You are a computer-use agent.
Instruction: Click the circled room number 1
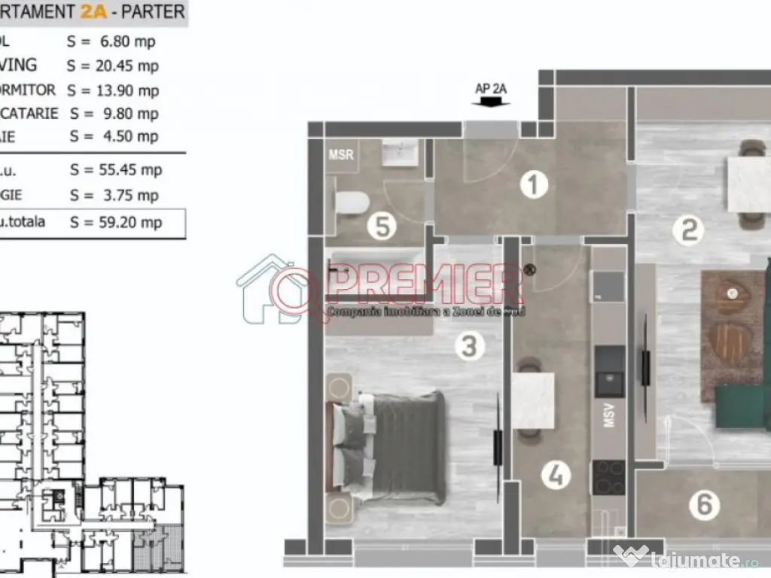tap(534, 184)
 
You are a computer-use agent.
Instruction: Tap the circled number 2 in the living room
tap(688, 230)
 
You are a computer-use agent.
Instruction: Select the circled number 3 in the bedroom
tap(469, 347)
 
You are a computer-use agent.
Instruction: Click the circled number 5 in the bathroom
tap(383, 227)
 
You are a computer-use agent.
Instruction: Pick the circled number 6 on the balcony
tap(705, 504)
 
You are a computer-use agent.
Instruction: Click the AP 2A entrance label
tap(491, 88)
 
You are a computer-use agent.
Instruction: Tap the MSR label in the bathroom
tap(341, 155)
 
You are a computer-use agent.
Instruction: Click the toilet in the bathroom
tap(352, 202)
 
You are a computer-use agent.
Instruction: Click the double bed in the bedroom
tap(392, 448)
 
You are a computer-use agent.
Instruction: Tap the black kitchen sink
tap(609, 372)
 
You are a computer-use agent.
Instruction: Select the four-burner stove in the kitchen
tap(608, 477)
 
